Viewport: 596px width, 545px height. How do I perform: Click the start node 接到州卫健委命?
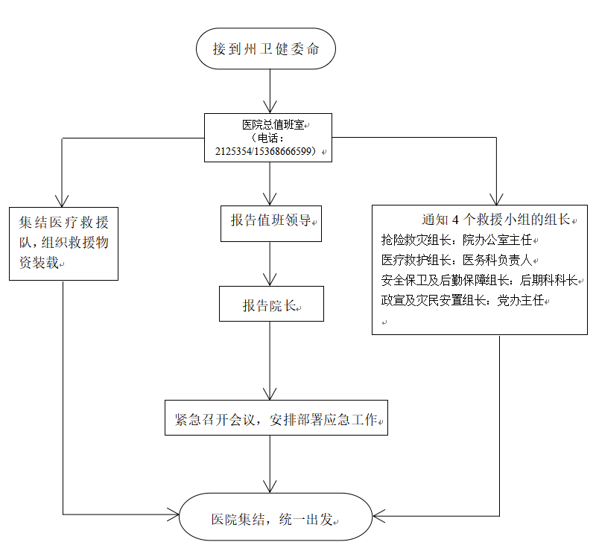click(x=265, y=49)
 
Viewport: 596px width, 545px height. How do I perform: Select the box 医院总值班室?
click(x=268, y=124)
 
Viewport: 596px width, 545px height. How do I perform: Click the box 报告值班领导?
click(x=271, y=222)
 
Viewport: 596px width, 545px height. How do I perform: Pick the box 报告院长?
click(x=271, y=305)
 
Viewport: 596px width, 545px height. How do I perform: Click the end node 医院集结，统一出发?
click(x=276, y=517)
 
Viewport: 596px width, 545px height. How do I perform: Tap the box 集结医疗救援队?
click(x=63, y=243)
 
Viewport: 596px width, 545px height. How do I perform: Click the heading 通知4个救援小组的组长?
click(x=495, y=220)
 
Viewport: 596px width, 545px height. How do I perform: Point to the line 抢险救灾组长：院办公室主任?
click(x=459, y=240)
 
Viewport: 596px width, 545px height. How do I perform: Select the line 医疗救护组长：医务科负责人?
click(x=459, y=260)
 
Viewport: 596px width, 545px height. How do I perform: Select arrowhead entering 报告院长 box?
click(x=270, y=282)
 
